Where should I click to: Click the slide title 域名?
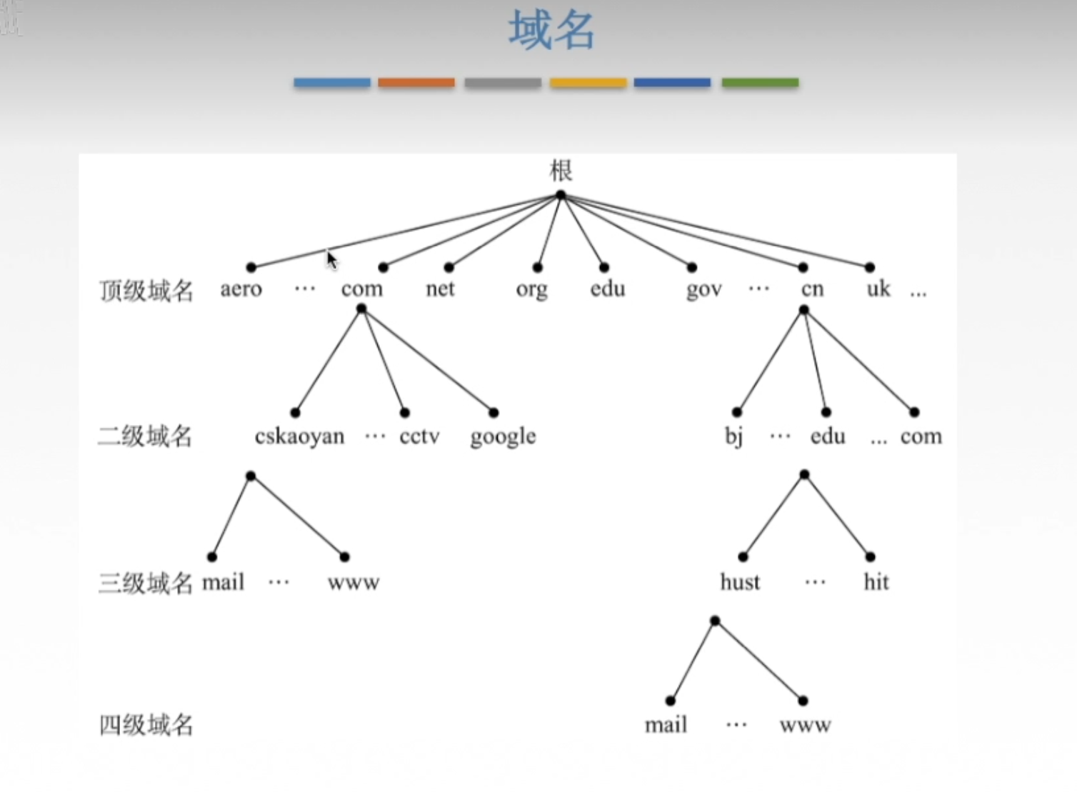coord(551,31)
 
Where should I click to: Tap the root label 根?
coord(561,171)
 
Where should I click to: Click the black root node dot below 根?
coord(561,195)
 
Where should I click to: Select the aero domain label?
coord(241,289)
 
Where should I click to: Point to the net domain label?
coord(440,289)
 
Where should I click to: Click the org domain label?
coord(531,290)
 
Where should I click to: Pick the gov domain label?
coord(703,290)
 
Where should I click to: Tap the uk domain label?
coord(878,289)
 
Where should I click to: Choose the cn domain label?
coord(812,289)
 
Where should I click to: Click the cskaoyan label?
coord(299,436)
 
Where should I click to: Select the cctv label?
coord(419,436)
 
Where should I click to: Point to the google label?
coord(503,437)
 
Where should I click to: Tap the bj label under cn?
coord(733,436)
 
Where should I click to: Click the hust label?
coord(740,582)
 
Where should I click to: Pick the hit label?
coord(876,582)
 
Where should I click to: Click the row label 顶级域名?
coord(146,291)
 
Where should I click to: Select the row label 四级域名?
coord(146,726)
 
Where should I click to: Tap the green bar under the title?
coord(760,83)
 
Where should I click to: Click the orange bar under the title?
coord(416,83)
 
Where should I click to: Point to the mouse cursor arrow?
coord(331,259)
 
